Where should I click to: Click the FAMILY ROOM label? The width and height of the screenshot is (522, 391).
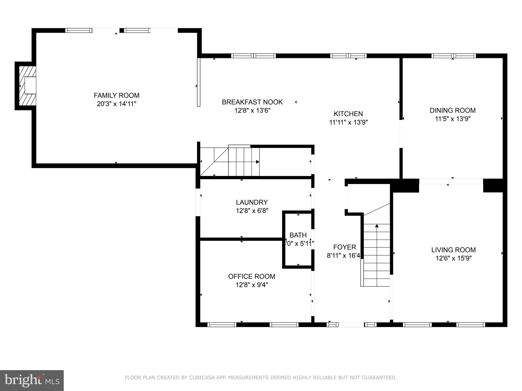click(116, 95)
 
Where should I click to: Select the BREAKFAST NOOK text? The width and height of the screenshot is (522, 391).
click(252, 102)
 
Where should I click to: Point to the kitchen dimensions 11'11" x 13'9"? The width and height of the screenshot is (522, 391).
click(348, 122)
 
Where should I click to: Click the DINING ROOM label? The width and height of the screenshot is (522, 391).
click(452, 110)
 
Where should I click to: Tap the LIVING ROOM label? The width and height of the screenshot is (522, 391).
click(453, 250)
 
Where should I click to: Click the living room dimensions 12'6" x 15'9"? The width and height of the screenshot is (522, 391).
click(453, 258)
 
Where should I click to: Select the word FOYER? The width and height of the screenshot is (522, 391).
click(345, 247)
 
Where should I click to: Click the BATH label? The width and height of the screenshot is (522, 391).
click(298, 235)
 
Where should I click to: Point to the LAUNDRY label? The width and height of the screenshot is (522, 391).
click(252, 202)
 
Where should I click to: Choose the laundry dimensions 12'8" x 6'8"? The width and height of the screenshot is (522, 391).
click(252, 211)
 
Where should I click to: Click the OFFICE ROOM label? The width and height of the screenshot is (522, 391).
click(252, 276)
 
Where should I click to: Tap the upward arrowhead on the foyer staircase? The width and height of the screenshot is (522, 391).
click(377, 226)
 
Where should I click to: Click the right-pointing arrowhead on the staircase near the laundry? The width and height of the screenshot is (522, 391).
click(258, 162)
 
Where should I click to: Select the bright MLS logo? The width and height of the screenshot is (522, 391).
click(32, 380)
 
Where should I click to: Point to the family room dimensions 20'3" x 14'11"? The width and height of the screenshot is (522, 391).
click(116, 104)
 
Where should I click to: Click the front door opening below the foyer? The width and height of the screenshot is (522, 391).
click(351, 325)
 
